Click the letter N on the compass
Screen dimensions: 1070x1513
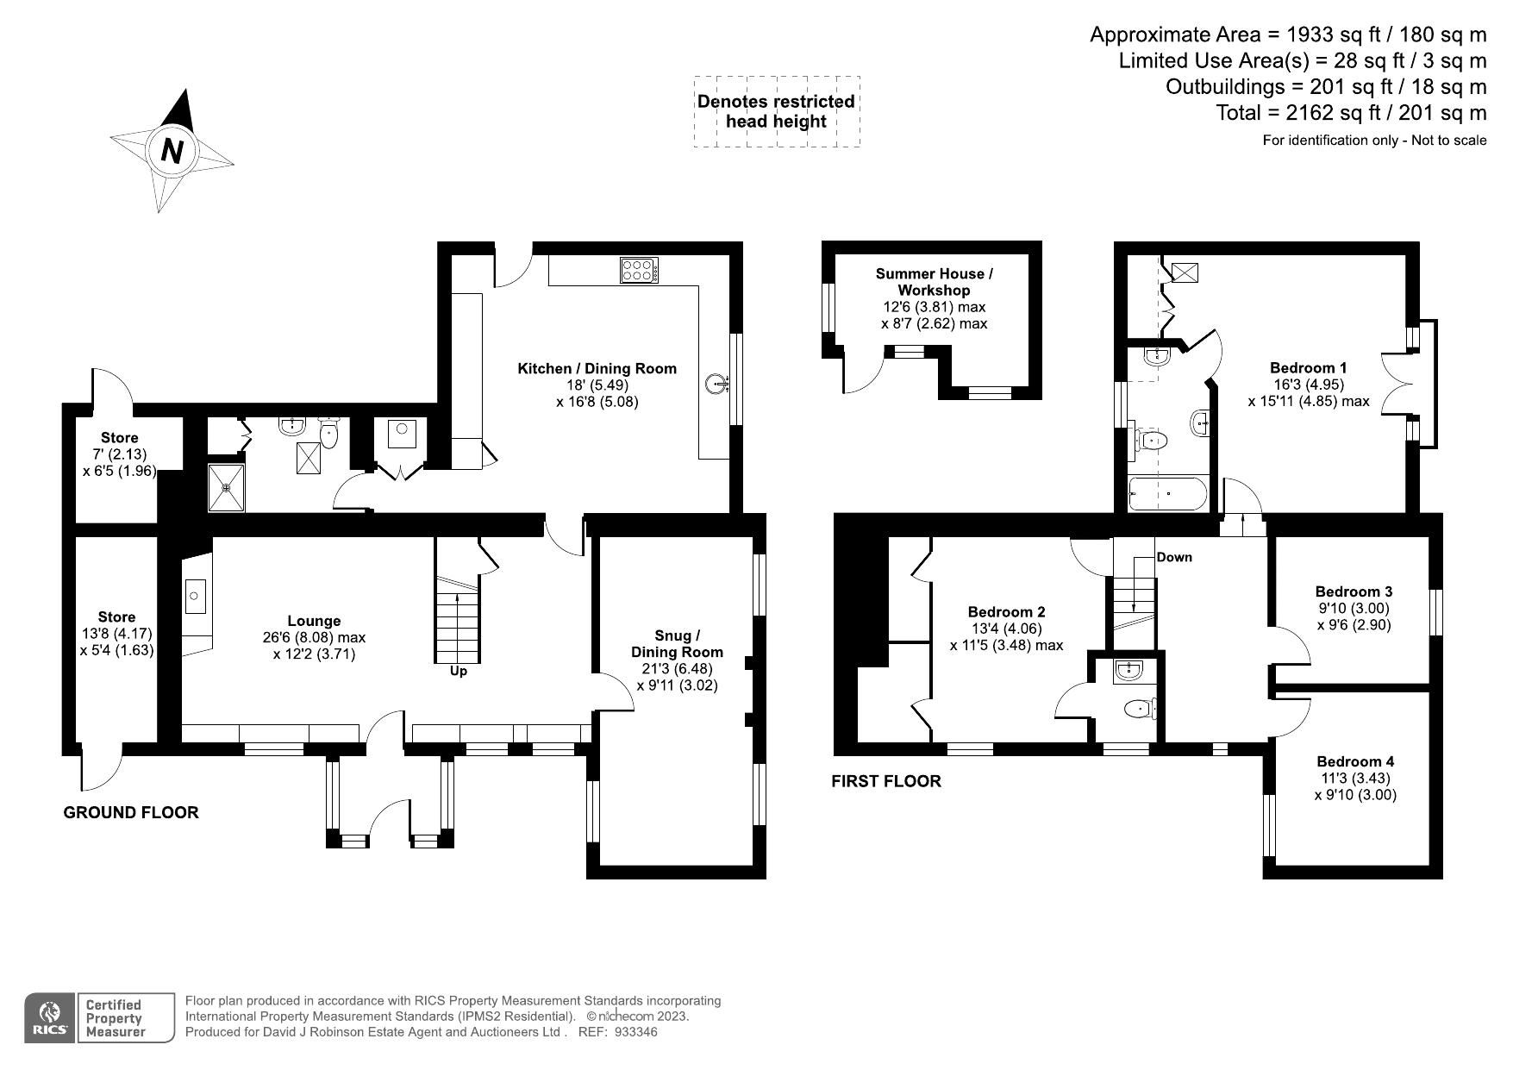click(172, 151)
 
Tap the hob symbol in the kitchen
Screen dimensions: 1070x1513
click(639, 271)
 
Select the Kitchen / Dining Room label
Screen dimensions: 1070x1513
click(597, 369)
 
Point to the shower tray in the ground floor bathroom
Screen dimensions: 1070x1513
click(226, 487)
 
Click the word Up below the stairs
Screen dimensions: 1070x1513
click(459, 671)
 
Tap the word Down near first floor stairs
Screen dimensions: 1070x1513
click(1174, 557)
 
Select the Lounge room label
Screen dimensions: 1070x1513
click(314, 621)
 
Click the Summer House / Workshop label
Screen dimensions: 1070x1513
click(934, 282)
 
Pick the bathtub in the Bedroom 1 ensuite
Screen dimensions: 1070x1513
click(1168, 495)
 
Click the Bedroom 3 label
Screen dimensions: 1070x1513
click(1354, 591)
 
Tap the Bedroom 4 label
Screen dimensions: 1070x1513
click(1355, 761)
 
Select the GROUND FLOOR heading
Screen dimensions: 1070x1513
click(131, 812)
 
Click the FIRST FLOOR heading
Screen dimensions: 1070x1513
click(886, 781)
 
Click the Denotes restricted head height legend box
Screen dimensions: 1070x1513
click(776, 111)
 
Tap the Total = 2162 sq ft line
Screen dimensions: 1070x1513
click(1351, 113)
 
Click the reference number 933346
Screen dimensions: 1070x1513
click(636, 1032)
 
